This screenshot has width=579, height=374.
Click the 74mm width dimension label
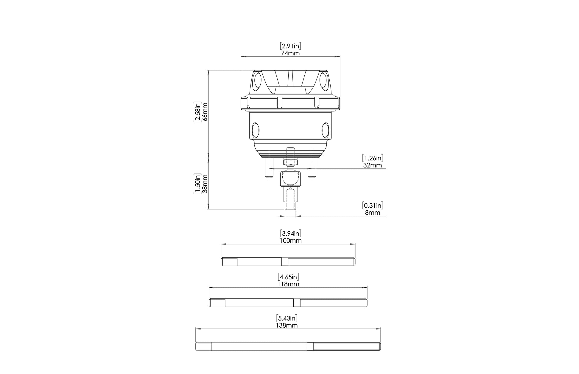290,53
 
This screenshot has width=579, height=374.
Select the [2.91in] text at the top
290,46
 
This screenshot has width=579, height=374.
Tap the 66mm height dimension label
205,111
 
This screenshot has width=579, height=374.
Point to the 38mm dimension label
205,184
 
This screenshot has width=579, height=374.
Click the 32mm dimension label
373,165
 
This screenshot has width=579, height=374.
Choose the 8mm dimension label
373,213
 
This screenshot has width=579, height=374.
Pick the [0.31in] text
373,205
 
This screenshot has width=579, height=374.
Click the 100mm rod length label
291,241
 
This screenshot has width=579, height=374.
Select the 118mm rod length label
288,284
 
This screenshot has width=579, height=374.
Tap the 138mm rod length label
287,325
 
